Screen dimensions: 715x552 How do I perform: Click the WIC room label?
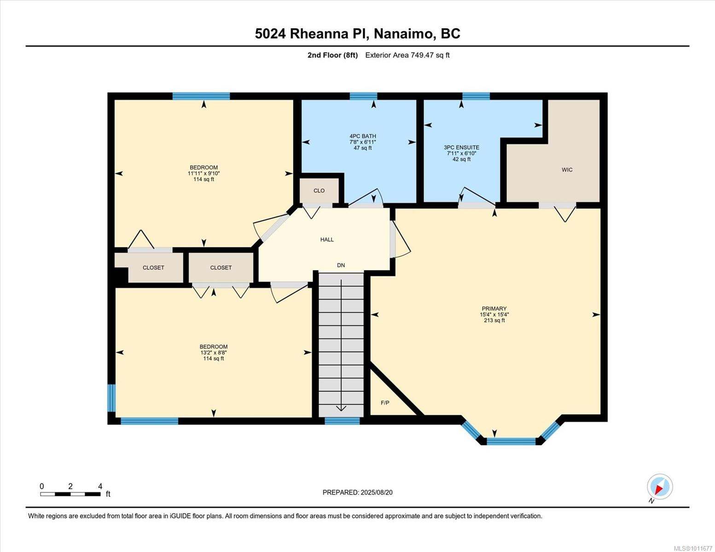pyautogui.click(x=567, y=170)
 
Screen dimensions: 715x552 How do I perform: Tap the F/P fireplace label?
pyautogui.click(x=385, y=403)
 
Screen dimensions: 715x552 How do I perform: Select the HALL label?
pyautogui.click(x=327, y=240)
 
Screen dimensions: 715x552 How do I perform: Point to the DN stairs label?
pyautogui.click(x=341, y=265)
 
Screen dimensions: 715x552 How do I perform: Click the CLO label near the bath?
pyautogui.click(x=319, y=191)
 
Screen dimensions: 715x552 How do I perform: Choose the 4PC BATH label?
pyautogui.click(x=363, y=136)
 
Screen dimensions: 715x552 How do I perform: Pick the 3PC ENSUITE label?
pyautogui.click(x=461, y=148)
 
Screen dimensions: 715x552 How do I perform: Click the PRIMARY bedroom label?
pyautogui.click(x=494, y=309)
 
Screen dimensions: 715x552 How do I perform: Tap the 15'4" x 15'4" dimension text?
pyautogui.click(x=494, y=314)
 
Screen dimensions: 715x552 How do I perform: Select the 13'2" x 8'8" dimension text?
pyautogui.click(x=214, y=352)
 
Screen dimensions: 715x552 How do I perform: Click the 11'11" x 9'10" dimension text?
pyautogui.click(x=203, y=173)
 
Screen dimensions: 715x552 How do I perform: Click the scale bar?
pyautogui.click(x=70, y=494)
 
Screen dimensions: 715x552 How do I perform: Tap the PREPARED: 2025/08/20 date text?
pyautogui.click(x=357, y=493)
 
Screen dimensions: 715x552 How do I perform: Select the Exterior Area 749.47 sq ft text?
pyautogui.click(x=407, y=55)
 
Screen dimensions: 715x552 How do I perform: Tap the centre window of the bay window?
pyautogui.click(x=511, y=442)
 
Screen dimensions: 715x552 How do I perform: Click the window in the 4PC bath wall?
pyautogui.click(x=363, y=96)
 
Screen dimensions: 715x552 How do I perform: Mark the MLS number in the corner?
pyautogui.click(x=693, y=548)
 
